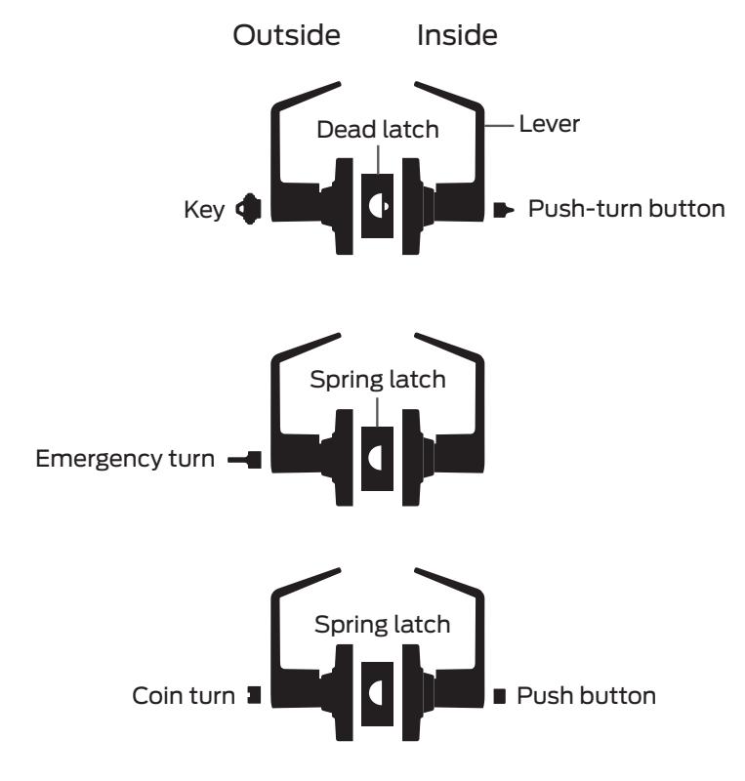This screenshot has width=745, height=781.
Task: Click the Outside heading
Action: click(x=286, y=35)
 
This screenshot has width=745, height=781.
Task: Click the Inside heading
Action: click(x=457, y=35)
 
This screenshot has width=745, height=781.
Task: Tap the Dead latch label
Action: click(x=378, y=130)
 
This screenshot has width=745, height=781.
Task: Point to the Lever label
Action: click(x=549, y=124)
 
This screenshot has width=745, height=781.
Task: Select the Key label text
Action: click(x=204, y=210)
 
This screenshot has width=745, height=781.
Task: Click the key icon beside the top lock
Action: click(x=249, y=209)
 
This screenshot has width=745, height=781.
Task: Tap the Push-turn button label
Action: click(x=627, y=209)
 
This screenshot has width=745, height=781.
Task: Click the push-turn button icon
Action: click(x=503, y=210)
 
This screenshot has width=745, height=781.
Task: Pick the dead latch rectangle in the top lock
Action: click(x=377, y=206)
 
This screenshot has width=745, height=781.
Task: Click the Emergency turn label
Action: click(x=125, y=459)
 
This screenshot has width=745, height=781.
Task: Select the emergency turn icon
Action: click(x=245, y=460)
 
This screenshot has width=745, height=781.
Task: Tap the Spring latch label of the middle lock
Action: click(x=378, y=380)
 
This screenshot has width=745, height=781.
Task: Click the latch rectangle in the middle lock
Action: click(x=377, y=458)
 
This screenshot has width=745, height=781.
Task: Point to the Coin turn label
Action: click(x=184, y=696)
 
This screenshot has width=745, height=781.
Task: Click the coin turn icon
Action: click(x=255, y=695)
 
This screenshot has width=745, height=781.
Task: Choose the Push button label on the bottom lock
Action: click(x=586, y=696)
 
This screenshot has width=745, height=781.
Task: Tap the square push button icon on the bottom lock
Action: click(x=500, y=696)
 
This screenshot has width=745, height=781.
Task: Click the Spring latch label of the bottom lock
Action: click(x=382, y=625)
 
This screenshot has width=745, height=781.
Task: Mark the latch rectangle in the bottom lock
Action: click(x=377, y=694)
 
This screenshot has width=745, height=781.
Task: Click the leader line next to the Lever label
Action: click(x=499, y=126)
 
